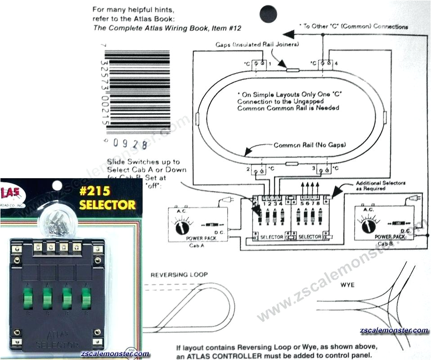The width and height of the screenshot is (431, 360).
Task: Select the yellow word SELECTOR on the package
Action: click(x=107, y=205)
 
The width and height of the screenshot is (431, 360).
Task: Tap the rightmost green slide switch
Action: click(x=86, y=297)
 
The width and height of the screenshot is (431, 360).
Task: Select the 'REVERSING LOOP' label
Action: click(x=179, y=274)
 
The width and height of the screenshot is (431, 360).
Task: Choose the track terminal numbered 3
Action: click(x=322, y=170)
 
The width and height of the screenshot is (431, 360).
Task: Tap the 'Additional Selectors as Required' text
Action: click(x=381, y=185)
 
